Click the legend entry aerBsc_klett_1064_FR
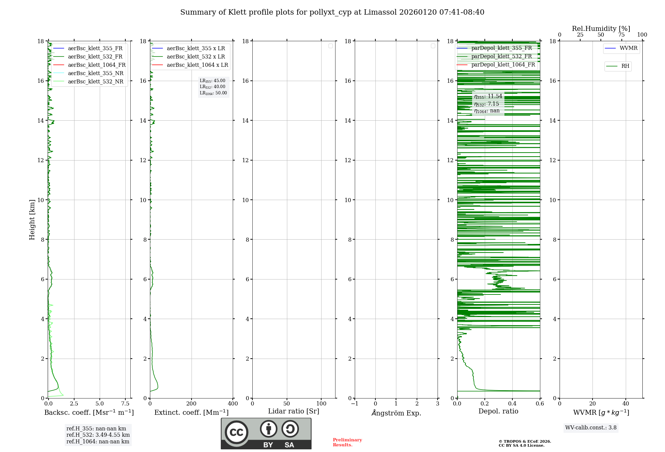96,65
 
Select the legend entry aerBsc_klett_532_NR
95,81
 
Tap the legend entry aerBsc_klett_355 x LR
196,48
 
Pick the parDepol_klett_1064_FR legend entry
503,64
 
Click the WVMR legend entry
628,48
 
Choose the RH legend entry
625,66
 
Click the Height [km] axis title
32,219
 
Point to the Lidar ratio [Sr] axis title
293,411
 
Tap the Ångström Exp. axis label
396,413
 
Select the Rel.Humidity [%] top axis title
601,29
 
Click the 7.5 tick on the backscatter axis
125,403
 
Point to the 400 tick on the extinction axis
233,403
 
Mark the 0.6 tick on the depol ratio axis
540,403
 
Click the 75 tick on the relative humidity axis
621,35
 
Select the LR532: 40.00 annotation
212,87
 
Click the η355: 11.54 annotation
488,96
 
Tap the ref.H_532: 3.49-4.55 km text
98,435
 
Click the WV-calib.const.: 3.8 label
591,427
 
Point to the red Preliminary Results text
347,442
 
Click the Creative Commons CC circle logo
236,432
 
